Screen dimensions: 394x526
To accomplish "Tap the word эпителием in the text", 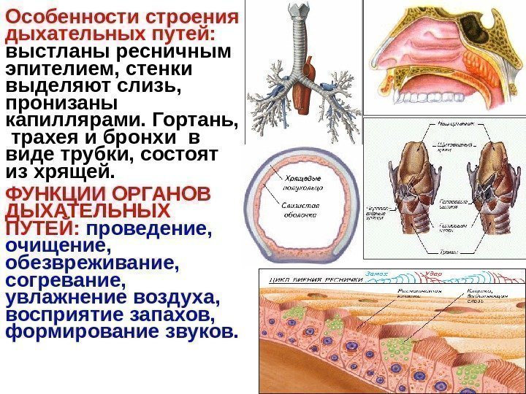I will tap(59, 69).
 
